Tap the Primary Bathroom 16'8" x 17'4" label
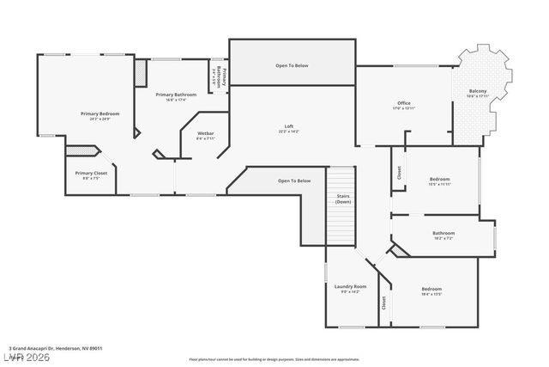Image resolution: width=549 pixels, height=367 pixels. [176, 97]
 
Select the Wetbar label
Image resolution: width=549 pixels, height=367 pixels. [206, 135]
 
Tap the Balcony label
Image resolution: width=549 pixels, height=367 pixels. [478, 94]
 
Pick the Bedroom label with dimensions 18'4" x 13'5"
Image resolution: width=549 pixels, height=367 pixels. [431, 291]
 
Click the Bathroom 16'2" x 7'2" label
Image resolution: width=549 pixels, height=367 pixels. [443, 235]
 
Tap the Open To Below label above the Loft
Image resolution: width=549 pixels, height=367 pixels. [293, 65]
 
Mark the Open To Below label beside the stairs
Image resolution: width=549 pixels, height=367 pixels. [294, 180]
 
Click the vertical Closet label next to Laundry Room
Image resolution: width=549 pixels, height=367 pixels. [383, 303]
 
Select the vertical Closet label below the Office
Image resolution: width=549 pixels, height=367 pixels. [399, 172]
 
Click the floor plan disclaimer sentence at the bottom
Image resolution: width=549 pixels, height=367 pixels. [274, 358]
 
